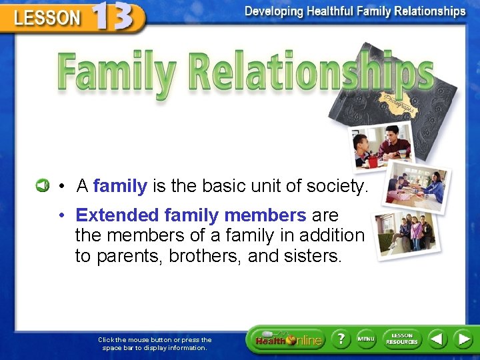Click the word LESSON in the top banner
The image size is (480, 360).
pos(47,18)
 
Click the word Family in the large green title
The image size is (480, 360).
pos(114,73)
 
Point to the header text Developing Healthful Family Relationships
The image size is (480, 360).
pos(355,11)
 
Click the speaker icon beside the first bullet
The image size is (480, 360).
pos(41,185)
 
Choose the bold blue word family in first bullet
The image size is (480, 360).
pos(120,186)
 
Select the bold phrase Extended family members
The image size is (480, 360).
pos(191,215)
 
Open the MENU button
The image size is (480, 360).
pos(366,339)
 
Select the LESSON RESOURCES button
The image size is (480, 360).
pos(402,339)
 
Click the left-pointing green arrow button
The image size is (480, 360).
pos(437,339)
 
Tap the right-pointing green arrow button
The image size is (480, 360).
pos(463,339)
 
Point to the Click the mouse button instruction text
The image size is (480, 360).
pos(155,343)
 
